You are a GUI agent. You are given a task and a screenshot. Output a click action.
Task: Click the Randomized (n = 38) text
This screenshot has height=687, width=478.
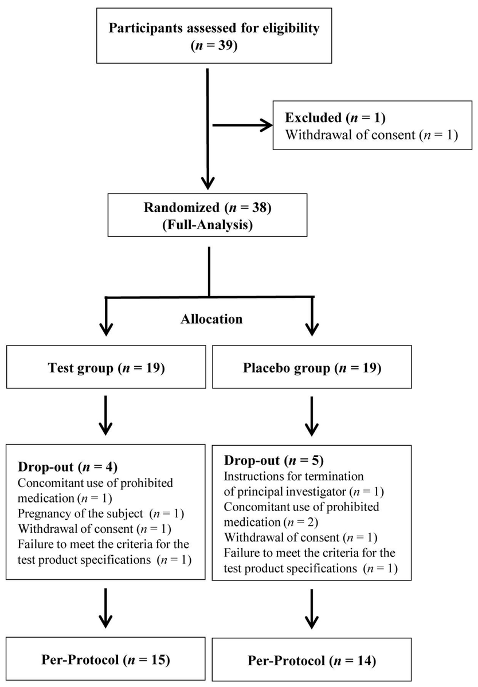207,207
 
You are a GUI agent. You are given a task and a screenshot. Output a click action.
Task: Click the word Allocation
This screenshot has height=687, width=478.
211,319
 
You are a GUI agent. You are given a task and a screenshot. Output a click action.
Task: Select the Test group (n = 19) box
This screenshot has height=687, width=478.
106,367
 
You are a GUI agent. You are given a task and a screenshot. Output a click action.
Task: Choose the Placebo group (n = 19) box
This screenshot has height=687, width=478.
311,367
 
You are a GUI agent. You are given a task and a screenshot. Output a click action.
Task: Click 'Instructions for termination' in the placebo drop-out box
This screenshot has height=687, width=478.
294,476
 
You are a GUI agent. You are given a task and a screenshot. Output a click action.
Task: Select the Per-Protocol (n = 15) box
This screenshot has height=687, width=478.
106,659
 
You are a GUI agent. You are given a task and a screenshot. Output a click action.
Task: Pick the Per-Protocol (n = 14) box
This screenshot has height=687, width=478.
311,660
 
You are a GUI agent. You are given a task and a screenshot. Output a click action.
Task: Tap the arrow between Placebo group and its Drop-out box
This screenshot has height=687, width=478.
311,415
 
